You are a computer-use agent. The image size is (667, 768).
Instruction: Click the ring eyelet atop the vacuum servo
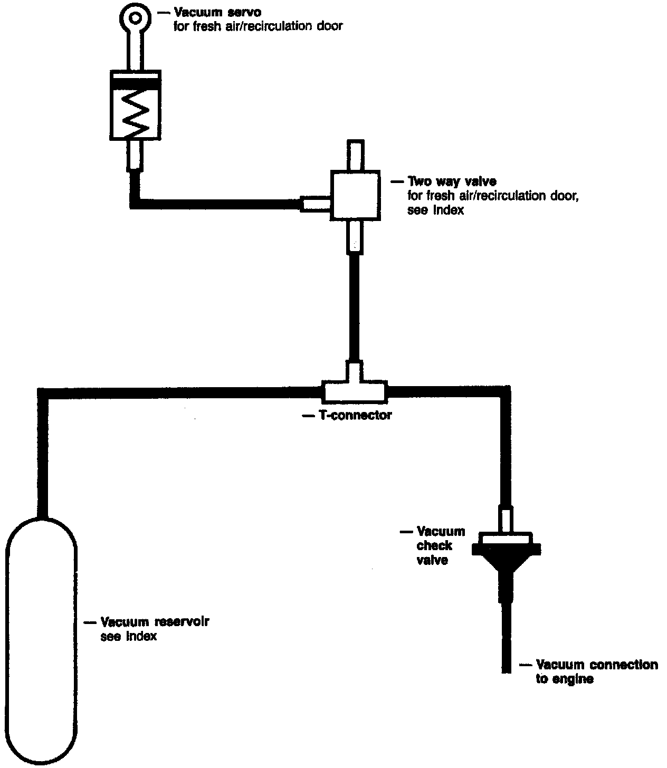click(x=136, y=18)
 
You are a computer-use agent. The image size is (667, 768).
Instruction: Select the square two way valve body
click(x=354, y=195)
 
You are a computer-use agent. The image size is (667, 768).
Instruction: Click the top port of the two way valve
click(x=355, y=155)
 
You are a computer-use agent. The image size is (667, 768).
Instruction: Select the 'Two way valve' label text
click(x=451, y=182)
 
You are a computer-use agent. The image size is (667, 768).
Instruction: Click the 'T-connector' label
click(x=354, y=416)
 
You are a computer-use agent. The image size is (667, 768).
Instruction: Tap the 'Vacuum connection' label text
click(x=596, y=665)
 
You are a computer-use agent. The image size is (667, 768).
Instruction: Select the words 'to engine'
click(x=564, y=679)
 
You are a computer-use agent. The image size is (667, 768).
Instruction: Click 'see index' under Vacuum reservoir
click(x=128, y=636)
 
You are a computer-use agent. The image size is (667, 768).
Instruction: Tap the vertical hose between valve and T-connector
click(x=355, y=306)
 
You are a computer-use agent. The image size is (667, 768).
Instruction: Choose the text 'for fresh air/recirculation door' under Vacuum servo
click(x=258, y=26)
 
